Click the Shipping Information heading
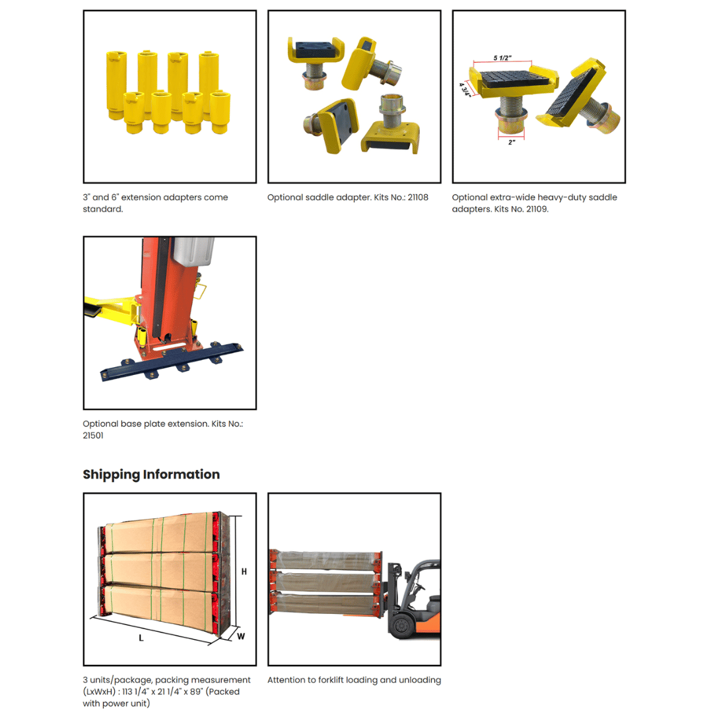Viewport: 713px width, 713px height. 151,474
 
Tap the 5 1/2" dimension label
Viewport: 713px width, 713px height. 502,57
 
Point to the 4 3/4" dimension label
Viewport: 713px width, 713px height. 465,90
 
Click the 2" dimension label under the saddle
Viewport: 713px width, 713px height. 512,143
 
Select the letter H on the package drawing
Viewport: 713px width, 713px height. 244,572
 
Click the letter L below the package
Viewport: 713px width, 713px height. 141,638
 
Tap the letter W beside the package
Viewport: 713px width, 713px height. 241,636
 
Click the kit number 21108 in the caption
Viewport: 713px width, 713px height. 418,197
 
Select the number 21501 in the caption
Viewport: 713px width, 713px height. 93,435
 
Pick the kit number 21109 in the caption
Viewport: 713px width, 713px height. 537,209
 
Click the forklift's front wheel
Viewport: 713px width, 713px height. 401,625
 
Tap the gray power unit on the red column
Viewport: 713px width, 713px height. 193,251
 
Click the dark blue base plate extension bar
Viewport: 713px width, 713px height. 172,362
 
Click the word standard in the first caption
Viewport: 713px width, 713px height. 103,209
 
